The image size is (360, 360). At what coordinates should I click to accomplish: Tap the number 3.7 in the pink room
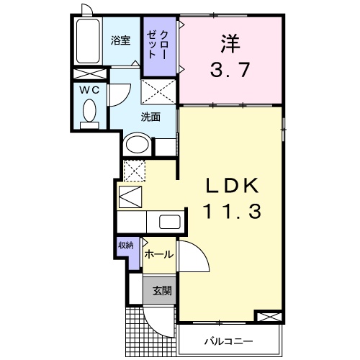tap(229, 71)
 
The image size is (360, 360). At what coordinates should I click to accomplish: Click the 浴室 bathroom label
tap(120, 42)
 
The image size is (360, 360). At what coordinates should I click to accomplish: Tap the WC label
tap(89, 90)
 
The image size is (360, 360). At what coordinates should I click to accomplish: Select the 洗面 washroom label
tap(150, 116)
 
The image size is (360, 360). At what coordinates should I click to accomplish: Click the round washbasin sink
tap(136, 145)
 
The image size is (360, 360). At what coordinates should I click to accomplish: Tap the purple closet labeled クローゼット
tap(158, 46)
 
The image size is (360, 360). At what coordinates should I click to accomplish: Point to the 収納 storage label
tap(126, 245)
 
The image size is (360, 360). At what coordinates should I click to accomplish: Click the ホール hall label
tap(158, 255)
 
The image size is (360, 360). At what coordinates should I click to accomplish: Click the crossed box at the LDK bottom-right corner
tap(268, 317)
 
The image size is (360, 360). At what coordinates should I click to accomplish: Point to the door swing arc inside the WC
tap(120, 94)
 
